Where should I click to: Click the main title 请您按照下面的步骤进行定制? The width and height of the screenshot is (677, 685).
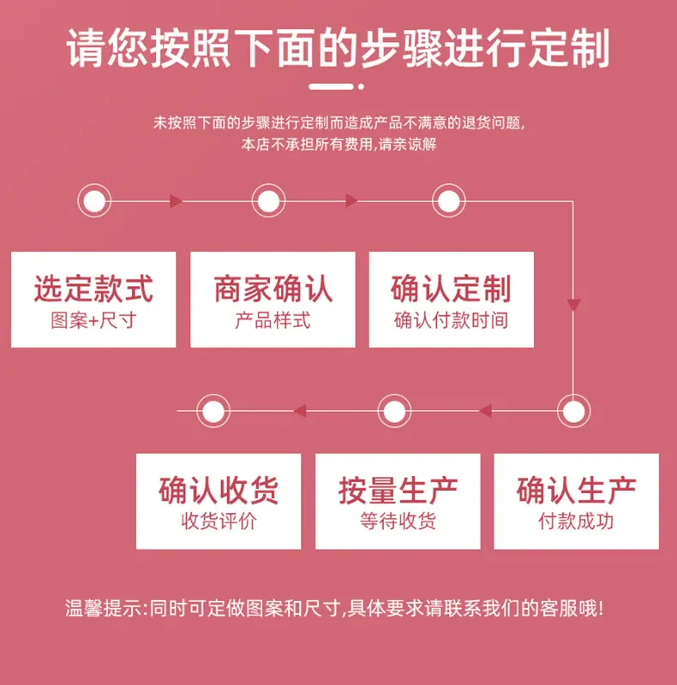click(338, 48)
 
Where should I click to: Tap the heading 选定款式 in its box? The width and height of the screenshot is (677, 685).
click(93, 289)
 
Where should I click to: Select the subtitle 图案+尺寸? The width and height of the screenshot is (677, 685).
click(93, 320)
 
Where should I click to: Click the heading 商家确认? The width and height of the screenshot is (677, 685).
click(273, 289)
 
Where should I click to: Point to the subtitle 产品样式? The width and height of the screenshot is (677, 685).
click(273, 320)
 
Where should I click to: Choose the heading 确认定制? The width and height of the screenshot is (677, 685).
click(451, 289)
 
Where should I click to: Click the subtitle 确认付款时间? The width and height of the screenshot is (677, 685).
click(451, 320)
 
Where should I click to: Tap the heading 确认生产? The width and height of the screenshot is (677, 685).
click(576, 490)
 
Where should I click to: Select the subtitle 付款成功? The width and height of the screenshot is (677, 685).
click(576, 521)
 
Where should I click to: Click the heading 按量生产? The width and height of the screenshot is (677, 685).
click(398, 490)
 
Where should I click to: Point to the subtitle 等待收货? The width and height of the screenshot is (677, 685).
click(398, 521)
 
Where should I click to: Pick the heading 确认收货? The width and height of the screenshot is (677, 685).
click(219, 490)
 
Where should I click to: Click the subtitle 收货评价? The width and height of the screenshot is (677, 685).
click(219, 521)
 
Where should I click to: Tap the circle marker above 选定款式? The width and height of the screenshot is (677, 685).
click(94, 201)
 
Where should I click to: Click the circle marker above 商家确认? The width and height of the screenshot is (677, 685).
click(268, 201)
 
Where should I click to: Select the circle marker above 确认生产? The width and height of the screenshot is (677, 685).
click(574, 411)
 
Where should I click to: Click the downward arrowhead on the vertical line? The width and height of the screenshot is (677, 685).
click(573, 305)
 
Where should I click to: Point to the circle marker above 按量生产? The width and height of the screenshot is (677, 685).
click(394, 411)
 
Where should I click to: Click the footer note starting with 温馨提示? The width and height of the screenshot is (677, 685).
click(334, 608)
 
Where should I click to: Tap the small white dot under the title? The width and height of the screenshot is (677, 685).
click(361, 86)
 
